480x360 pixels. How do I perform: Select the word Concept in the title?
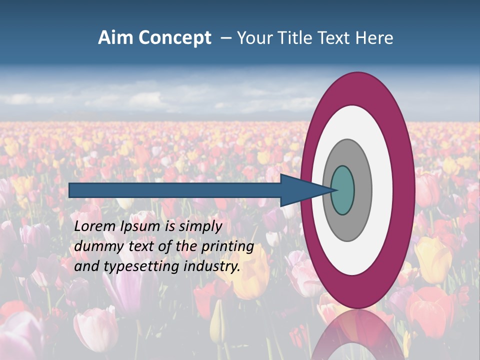click(x=174, y=38)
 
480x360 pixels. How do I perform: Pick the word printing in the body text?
click(x=228, y=247)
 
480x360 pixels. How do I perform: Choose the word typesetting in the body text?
click(x=140, y=267)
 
